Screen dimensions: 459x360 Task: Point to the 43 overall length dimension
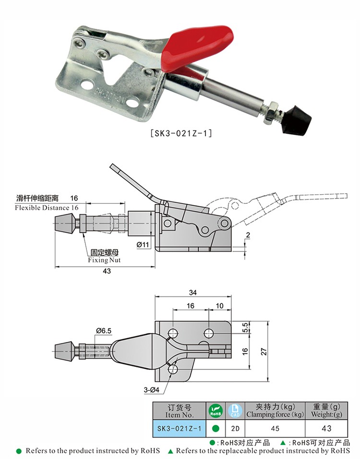tap(107, 271)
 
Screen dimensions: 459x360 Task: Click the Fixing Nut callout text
tap(104, 260)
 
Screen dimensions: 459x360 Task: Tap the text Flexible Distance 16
tap(47, 208)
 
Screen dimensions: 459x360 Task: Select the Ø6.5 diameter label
tap(104, 330)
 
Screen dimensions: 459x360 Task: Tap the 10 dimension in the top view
tap(220, 306)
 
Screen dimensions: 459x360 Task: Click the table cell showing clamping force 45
tap(275, 428)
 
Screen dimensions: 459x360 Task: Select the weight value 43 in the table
tap(326, 428)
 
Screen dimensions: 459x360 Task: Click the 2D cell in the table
tap(235, 428)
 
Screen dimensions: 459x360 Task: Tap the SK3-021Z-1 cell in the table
tap(179, 428)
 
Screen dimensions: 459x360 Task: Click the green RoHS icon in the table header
tap(216, 411)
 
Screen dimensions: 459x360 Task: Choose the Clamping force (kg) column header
tap(275, 411)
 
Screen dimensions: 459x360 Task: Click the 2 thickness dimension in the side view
tap(247, 235)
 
